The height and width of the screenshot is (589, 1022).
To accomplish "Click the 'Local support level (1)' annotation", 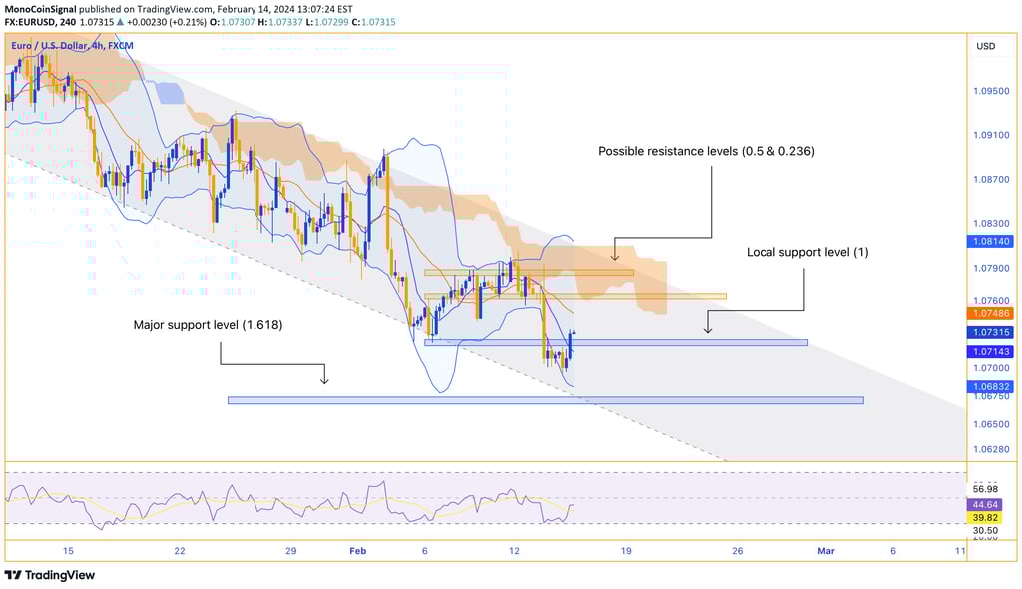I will pos(807,252).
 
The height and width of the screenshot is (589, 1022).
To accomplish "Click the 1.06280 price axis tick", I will pos(989,449).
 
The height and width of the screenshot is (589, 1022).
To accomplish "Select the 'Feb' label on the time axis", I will pos(357,551).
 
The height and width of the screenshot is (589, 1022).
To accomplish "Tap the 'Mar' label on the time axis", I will pos(825,551).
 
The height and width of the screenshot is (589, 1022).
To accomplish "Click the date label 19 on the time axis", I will pos(626,551).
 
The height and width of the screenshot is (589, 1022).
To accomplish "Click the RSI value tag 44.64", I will pos(985,505).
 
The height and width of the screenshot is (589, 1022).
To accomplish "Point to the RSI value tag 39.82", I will pos(985,517).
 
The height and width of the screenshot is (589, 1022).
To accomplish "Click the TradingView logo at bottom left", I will pos(49,575).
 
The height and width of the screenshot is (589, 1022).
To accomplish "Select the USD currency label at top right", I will pos(985,46).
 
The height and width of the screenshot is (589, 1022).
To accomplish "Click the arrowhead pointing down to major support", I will pos(324,379).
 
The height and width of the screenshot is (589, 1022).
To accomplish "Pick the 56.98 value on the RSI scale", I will pos(985,488).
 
